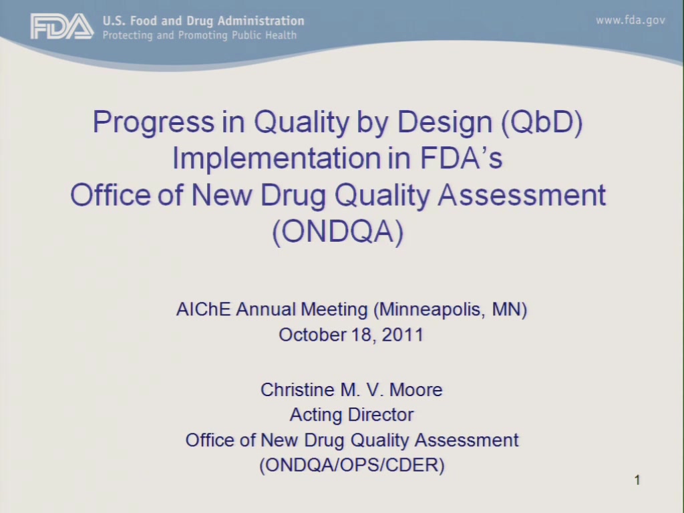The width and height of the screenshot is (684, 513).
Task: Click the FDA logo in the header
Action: coord(61,26)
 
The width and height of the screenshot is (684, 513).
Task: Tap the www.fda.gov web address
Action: coord(631,20)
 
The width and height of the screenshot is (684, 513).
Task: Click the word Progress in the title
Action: coord(154,123)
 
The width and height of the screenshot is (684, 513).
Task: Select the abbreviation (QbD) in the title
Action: coord(542,122)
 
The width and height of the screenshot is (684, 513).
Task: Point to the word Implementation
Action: coord(277,158)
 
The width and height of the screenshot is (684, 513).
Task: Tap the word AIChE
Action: coord(203,309)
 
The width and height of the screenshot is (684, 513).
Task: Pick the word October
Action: coord(312,335)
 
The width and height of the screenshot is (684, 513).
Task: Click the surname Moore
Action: coord(415,390)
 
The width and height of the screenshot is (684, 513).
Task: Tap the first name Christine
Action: coord(297,390)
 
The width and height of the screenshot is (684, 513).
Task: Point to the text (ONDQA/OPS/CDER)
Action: coord(352,465)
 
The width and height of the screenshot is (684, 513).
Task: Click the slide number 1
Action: coord(637,480)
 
